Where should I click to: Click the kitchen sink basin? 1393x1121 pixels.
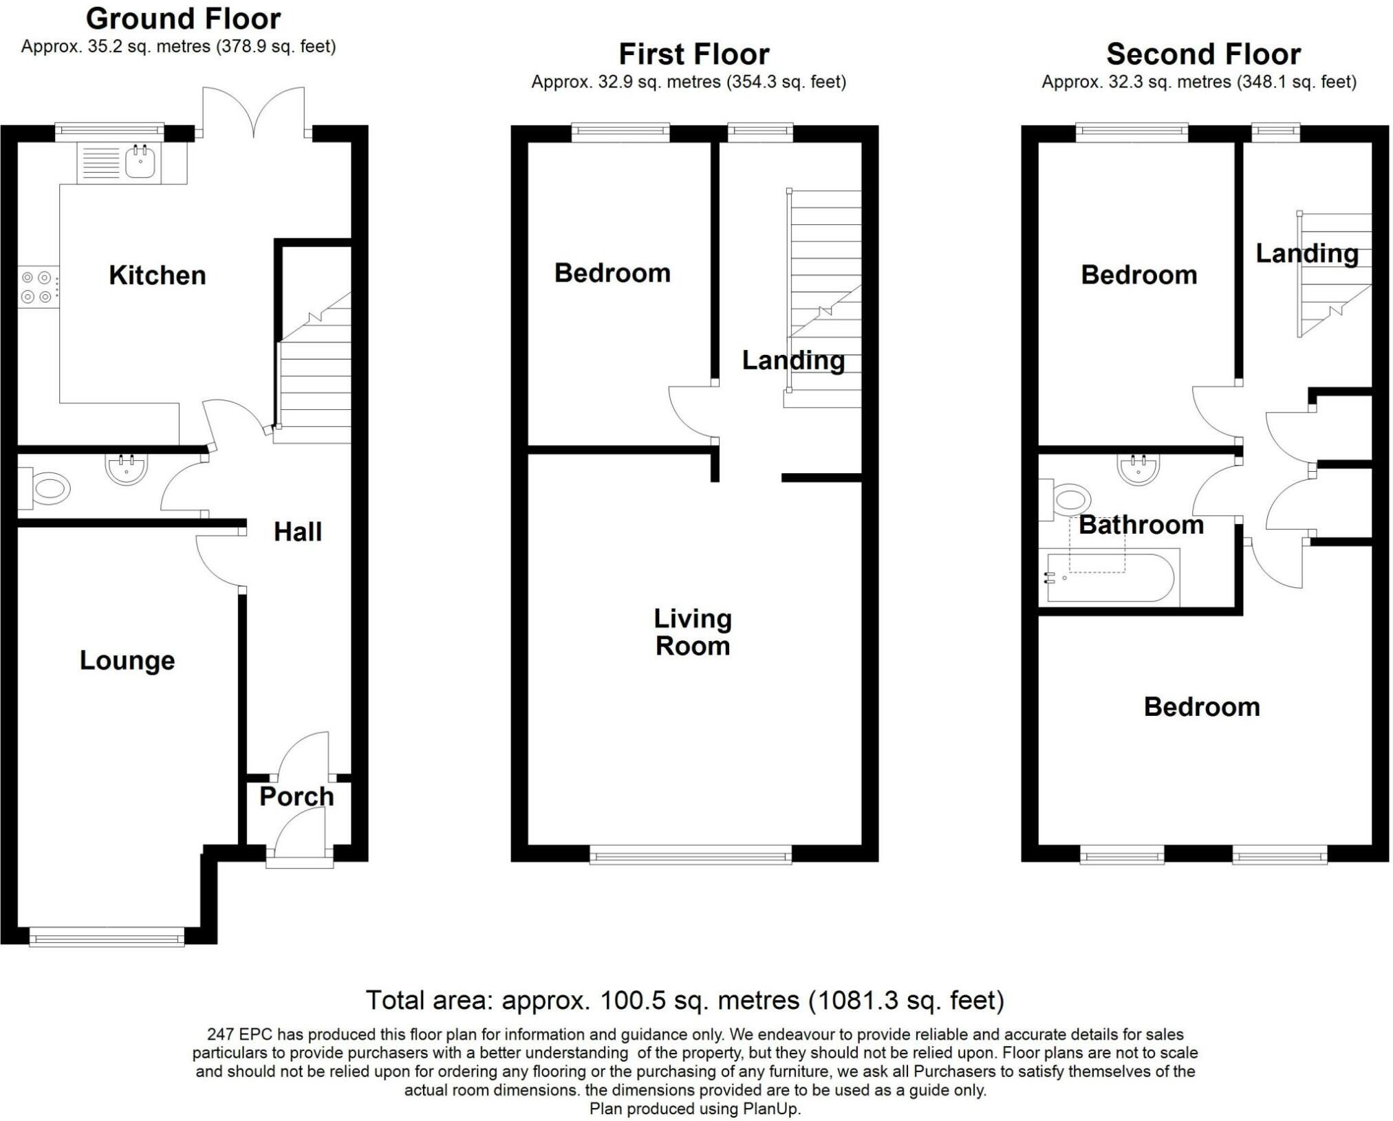click(x=140, y=163)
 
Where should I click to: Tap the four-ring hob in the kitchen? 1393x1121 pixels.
click(x=36, y=287)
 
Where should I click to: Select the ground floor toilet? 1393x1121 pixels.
click(x=48, y=489)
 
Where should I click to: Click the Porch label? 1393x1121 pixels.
click(x=296, y=796)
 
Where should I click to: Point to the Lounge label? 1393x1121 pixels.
click(x=127, y=660)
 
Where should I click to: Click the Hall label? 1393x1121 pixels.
click(x=297, y=532)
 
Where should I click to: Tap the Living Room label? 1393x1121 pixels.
click(x=692, y=632)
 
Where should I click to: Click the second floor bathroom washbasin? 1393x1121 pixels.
click(x=1139, y=469)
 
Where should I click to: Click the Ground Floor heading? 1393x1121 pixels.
click(x=183, y=19)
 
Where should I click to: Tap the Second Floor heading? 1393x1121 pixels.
click(x=1203, y=54)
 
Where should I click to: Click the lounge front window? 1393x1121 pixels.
click(x=107, y=936)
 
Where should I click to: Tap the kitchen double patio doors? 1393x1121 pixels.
click(x=254, y=113)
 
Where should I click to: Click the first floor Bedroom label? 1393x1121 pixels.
click(x=612, y=273)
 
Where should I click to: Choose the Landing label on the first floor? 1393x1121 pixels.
click(x=793, y=360)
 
